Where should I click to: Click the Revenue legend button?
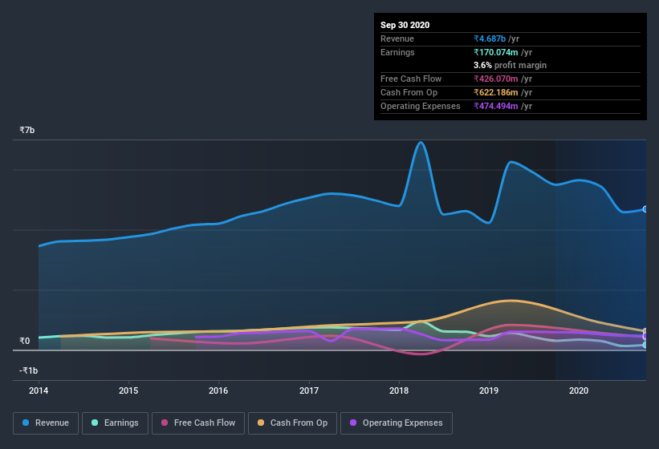[46, 423]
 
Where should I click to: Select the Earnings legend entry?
[115, 423]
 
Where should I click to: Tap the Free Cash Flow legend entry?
[197, 423]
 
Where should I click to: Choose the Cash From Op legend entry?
[292, 423]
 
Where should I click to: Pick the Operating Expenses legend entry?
[396, 423]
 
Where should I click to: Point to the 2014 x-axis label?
[39, 390]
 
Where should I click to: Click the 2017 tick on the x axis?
[308, 390]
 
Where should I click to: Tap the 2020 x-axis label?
[578, 390]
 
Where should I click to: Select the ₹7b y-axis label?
[27, 130]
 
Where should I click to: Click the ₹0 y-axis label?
[24, 341]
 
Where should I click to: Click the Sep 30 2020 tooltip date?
[405, 25]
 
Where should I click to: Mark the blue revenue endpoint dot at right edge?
[645, 209]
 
